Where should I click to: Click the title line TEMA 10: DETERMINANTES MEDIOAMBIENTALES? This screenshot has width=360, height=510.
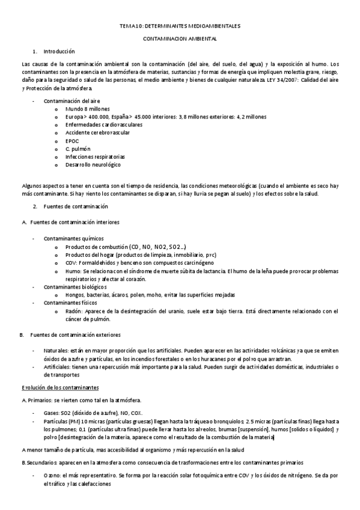(x=180, y=26)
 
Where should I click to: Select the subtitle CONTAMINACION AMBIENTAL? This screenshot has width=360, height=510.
(x=180, y=39)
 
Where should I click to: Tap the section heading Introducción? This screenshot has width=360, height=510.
(x=59, y=52)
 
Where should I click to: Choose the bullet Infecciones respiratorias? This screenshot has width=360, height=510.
(x=94, y=156)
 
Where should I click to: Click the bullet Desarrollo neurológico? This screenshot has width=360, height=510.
(x=93, y=164)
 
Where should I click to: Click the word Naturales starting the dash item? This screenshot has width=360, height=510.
(x=56, y=350)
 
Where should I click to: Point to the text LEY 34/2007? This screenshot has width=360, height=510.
(x=282, y=79)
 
